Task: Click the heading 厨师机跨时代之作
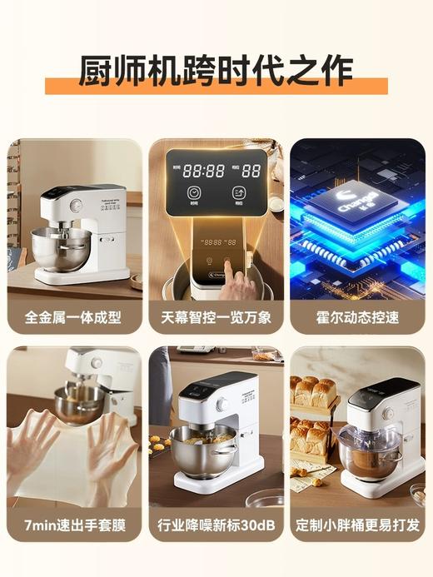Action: pos(216,70)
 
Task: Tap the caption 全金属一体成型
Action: pos(74,317)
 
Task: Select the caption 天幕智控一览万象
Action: pos(216,317)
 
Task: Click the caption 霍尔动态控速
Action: pos(357,317)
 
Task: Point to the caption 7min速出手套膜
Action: pos(74,526)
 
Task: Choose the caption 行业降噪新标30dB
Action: pos(216,526)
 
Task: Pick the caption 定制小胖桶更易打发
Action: pos(357,526)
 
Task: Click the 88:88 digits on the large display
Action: pos(204,171)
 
